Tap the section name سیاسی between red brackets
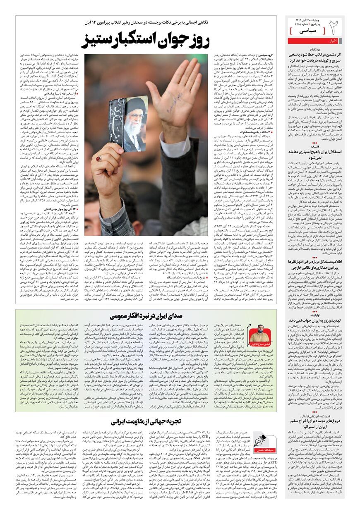click(x=310, y=30)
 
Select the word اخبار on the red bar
click(x=334, y=41)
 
